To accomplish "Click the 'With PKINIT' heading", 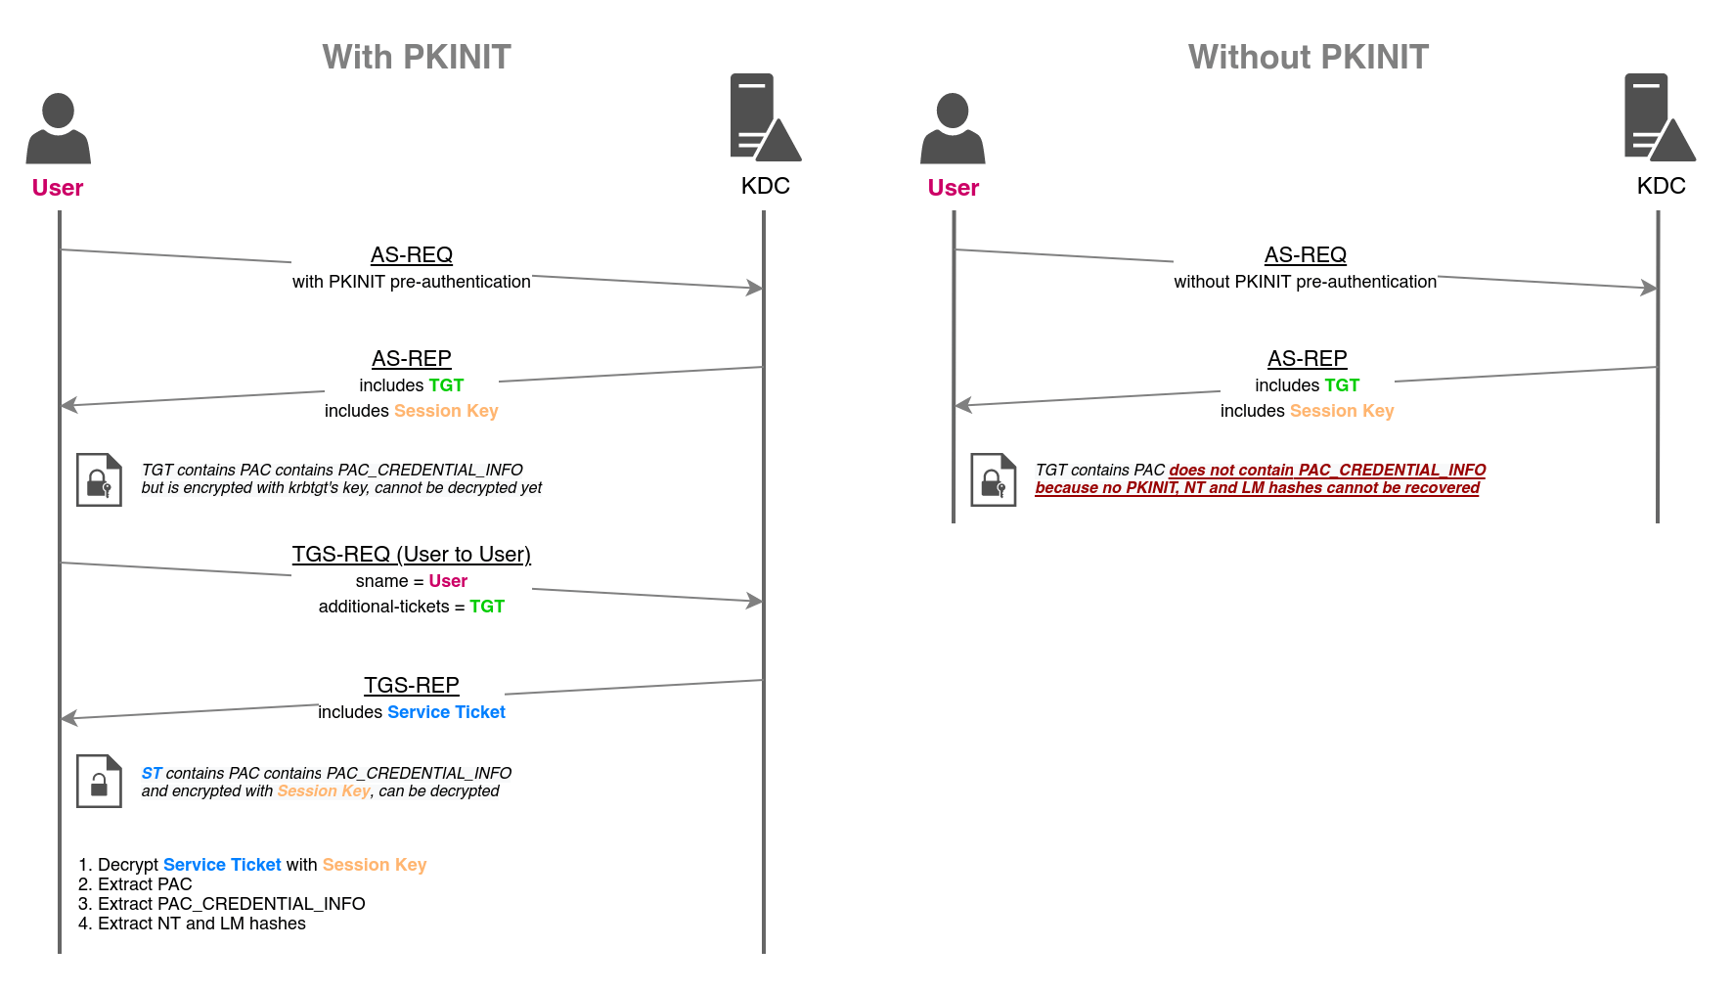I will pos(417,57).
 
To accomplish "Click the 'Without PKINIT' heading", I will pos(1308,57).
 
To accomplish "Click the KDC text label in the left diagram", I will pos(765,186).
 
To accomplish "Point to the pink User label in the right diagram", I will pos(953,188).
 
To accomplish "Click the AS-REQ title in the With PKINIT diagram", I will pos(411,255).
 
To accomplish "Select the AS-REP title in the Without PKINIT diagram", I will pos(1307,358).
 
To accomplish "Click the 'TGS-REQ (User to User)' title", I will pos(411,555).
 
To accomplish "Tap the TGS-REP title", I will pos(411,685).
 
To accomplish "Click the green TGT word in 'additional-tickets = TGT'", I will pos(486,607).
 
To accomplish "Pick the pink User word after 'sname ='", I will pos(448,581).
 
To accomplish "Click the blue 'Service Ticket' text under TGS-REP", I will pos(446,712).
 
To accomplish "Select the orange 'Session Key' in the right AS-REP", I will pos(1341,411).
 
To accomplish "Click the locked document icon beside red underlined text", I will pos(993,479).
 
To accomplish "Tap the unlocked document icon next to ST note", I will pos(99,781).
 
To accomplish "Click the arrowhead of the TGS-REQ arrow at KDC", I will pos(755,601).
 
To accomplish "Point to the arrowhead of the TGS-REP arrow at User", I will pos(68,718).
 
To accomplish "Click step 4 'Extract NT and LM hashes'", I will pos(200,924).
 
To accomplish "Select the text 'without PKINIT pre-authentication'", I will pos(1305,282).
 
